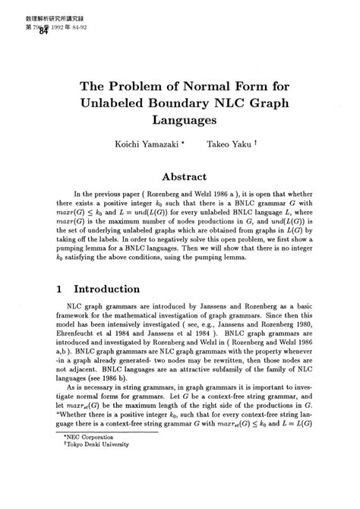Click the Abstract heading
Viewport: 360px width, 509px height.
tap(179, 174)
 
